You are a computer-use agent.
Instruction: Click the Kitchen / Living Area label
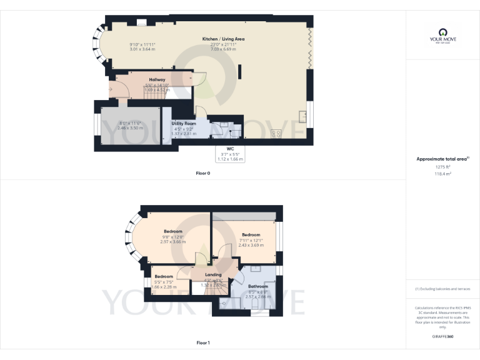(x=223, y=39)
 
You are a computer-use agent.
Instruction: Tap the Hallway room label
(x=157, y=80)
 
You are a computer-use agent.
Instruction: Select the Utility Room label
(x=184, y=124)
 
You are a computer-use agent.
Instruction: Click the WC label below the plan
(x=230, y=149)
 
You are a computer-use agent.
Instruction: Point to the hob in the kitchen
(x=276, y=133)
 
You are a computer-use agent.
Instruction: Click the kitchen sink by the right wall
(x=302, y=116)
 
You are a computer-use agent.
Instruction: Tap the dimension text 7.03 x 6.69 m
(x=223, y=49)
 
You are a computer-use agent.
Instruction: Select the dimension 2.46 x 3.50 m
(x=131, y=127)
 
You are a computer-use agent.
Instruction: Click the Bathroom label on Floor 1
(x=257, y=287)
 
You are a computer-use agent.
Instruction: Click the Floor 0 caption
(x=204, y=172)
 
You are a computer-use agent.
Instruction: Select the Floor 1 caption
(x=204, y=342)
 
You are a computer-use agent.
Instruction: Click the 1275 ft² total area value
(x=442, y=167)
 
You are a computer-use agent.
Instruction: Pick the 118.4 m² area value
(x=442, y=174)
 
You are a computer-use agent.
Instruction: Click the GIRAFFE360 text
(x=442, y=336)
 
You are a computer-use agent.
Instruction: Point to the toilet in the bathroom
(x=225, y=304)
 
